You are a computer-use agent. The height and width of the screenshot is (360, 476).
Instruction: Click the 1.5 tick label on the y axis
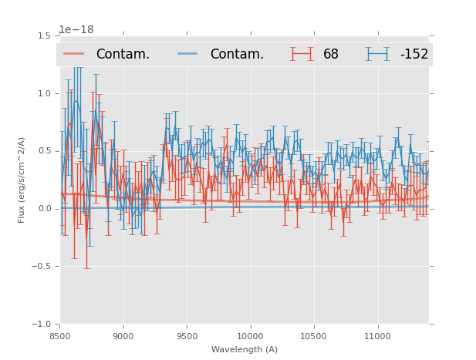pos(44,36)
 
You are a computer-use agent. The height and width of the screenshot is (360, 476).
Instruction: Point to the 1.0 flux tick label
pos(44,94)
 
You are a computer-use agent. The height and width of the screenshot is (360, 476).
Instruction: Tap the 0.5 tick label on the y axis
pos(44,151)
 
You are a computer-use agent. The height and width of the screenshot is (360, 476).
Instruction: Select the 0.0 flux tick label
pos(44,209)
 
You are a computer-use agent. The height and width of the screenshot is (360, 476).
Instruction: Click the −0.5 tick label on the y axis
pos(42,267)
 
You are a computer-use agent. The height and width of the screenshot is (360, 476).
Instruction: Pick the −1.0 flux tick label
pos(42,325)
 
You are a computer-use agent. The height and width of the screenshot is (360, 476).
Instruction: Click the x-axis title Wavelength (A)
pos(245,349)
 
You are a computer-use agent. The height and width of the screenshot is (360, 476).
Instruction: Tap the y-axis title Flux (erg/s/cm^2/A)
pos(22,180)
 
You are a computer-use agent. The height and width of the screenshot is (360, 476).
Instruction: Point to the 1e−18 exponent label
pos(76,30)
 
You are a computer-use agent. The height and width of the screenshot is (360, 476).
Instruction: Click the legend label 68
pos(331,54)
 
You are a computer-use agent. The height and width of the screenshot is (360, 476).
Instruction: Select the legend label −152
pos(414,54)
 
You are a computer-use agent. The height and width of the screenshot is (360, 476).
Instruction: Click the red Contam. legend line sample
pos(74,54)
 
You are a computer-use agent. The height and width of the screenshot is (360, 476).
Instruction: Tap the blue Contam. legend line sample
pos(188,54)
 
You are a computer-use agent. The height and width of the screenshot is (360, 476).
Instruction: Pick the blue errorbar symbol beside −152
pos(377,54)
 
